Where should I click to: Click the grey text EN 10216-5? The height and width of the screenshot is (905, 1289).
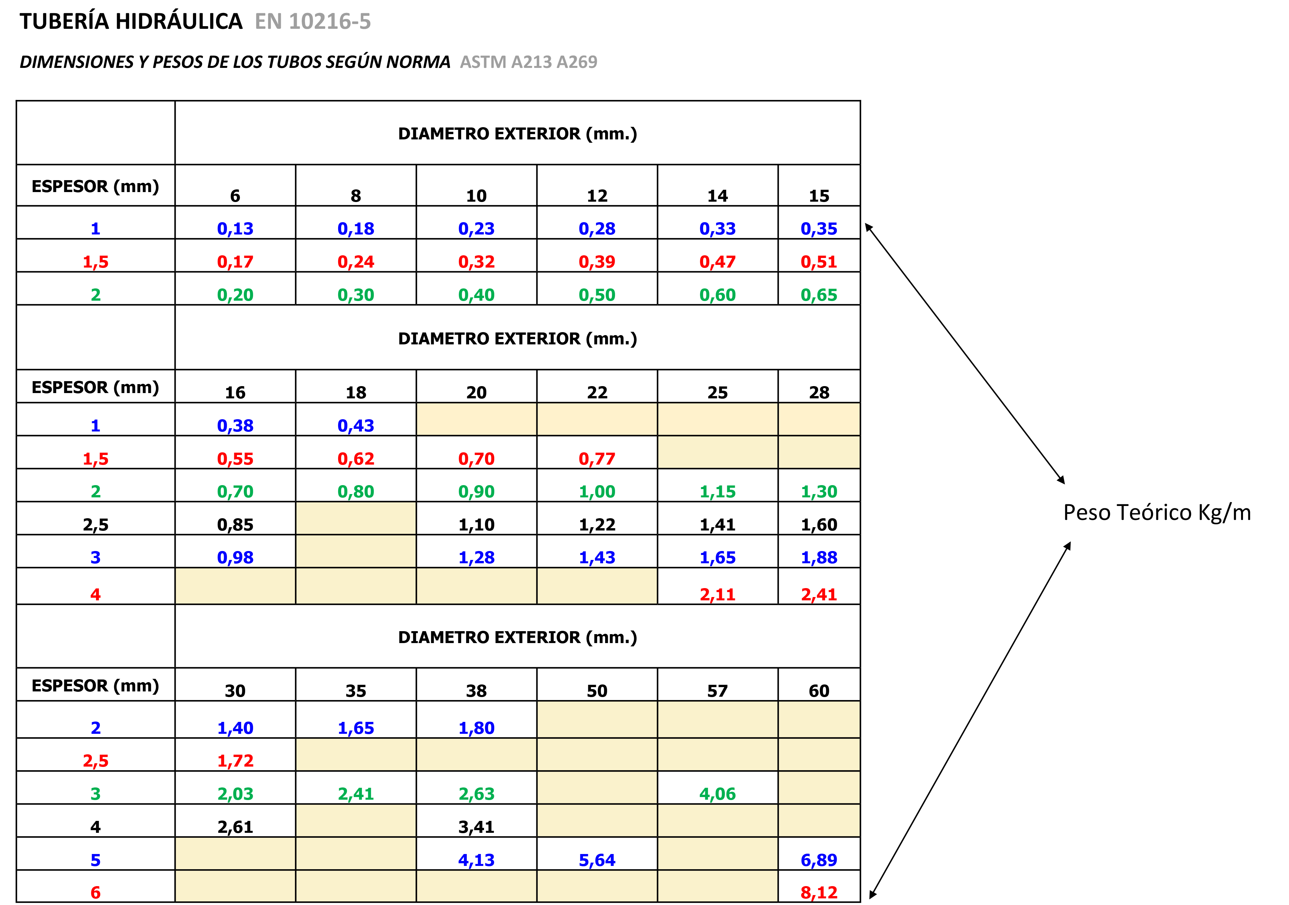click(x=313, y=21)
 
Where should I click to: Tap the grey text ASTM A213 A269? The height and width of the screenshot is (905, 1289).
click(x=528, y=62)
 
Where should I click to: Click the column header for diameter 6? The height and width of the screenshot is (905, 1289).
click(x=235, y=196)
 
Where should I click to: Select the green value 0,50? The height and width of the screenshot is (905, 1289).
click(x=597, y=295)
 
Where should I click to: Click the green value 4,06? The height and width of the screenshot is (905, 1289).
click(x=718, y=794)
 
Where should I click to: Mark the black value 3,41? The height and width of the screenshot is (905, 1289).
click(x=476, y=827)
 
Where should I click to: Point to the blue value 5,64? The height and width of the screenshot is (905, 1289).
click(x=597, y=860)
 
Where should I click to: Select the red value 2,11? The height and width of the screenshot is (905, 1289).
click(x=718, y=594)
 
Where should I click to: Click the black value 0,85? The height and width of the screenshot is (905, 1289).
click(x=235, y=525)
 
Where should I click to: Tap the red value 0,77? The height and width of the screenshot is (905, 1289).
click(x=597, y=459)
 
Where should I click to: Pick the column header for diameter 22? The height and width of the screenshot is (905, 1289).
click(x=597, y=392)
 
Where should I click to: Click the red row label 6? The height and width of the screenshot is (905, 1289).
click(x=95, y=892)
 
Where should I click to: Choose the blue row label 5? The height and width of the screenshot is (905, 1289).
click(x=95, y=860)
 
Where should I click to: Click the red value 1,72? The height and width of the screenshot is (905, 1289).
click(x=235, y=761)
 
